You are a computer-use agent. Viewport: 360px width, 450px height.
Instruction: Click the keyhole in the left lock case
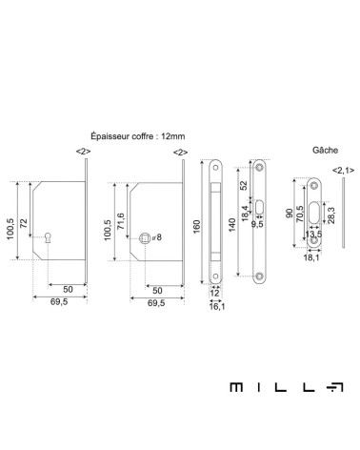pyautogui.click(x=49, y=237)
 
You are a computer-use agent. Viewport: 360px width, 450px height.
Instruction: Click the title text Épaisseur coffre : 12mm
pyautogui.click(x=138, y=136)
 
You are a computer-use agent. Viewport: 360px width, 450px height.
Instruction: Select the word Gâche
pyautogui.click(x=325, y=150)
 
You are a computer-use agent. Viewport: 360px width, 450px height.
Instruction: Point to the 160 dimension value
pyautogui.click(x=197, y=227)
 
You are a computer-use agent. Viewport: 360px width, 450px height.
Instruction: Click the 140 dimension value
pyautogui.click(x=232, y=225)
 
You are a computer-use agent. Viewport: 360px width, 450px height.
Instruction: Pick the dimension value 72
pyautogui.click(x=24, y=223)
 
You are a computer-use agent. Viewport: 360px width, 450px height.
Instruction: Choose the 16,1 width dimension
pyautogui.click(x=217, y=306)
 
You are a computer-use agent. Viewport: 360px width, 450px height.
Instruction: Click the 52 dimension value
pyautogui.click(x=243, y=185)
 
